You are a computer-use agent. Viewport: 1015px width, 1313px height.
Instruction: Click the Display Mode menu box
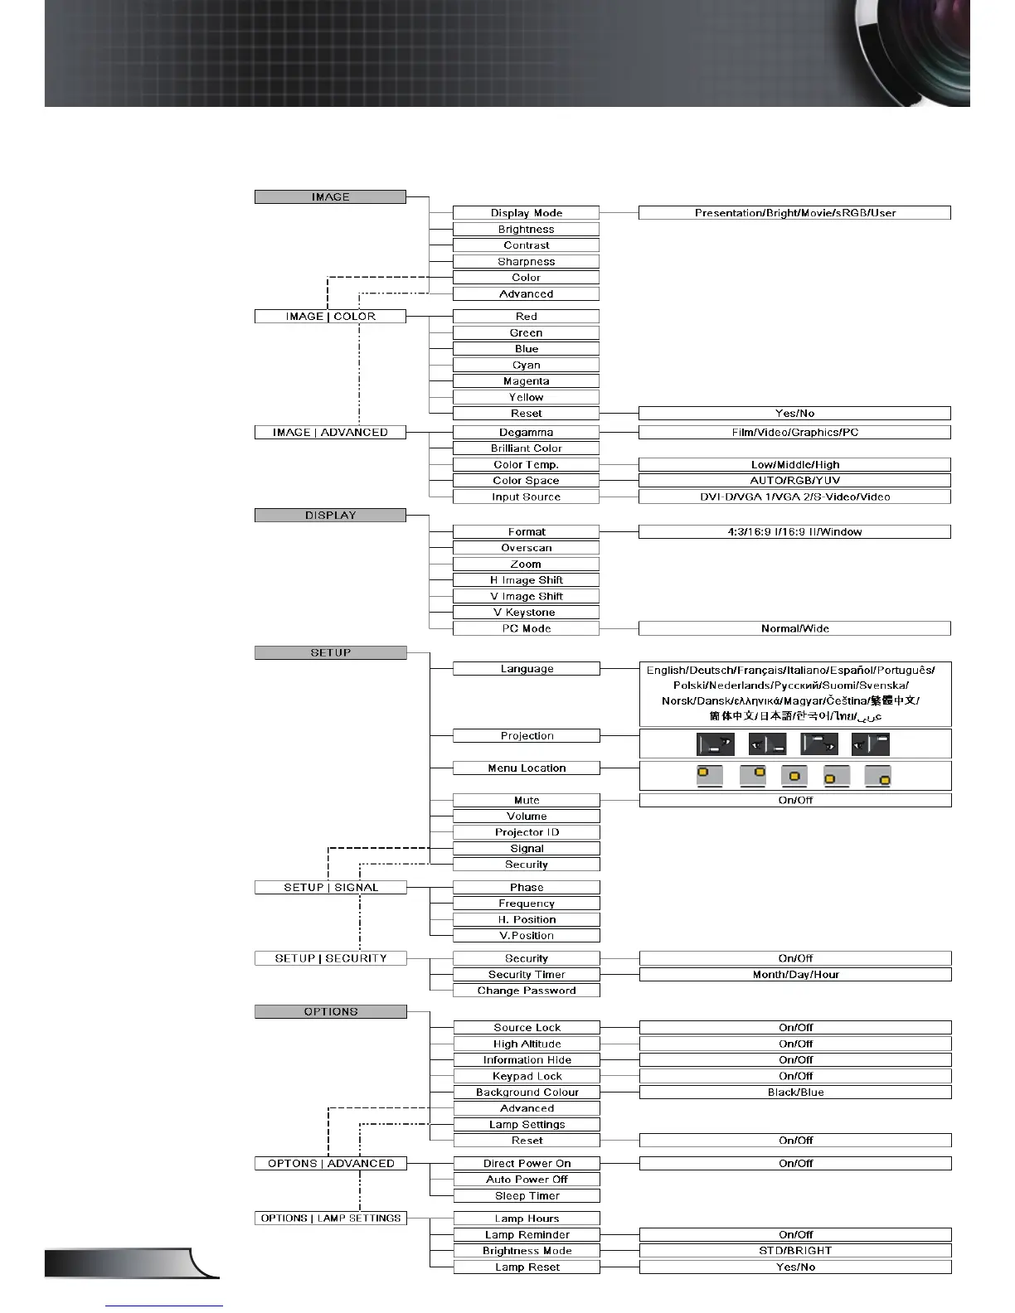click(526, 213)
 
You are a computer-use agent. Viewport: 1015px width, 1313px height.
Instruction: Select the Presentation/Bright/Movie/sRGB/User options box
click(794, 213)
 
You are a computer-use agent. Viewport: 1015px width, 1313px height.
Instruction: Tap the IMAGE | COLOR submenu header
click(330, 317)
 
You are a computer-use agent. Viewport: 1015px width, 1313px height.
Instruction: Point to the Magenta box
click(526, 381)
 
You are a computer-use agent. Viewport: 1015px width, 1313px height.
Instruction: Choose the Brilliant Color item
click(526, 448)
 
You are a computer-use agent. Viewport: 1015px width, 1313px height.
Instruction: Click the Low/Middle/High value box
click(794, 465)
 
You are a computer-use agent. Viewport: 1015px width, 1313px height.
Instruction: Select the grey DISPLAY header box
click(330, 516)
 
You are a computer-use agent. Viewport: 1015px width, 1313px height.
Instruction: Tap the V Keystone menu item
click(526, 613)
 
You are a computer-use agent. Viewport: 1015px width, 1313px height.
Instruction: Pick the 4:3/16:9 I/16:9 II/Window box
click(794, 532)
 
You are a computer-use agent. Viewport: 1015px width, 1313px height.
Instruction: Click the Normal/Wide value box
click(794, 629)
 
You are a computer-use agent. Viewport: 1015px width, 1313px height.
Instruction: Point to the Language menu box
click(527, 669)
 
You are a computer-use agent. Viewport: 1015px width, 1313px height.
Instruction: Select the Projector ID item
click(527, 832)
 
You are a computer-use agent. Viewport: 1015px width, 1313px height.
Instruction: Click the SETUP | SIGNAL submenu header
click(330, 888)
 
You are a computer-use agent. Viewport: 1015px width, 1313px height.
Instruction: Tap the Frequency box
click(527, 904)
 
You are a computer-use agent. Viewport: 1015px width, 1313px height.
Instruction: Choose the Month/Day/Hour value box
click(795, 975)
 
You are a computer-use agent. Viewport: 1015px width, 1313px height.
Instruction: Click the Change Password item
click(527, 991)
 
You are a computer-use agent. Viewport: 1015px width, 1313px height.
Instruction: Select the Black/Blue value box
click(795, 1093)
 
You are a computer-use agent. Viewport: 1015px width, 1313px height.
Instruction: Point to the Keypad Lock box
click(527, 1077)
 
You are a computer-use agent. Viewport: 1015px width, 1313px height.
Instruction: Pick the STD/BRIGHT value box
click(795, 1251)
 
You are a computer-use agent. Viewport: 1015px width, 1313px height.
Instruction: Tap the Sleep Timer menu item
click(527, 1196)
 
